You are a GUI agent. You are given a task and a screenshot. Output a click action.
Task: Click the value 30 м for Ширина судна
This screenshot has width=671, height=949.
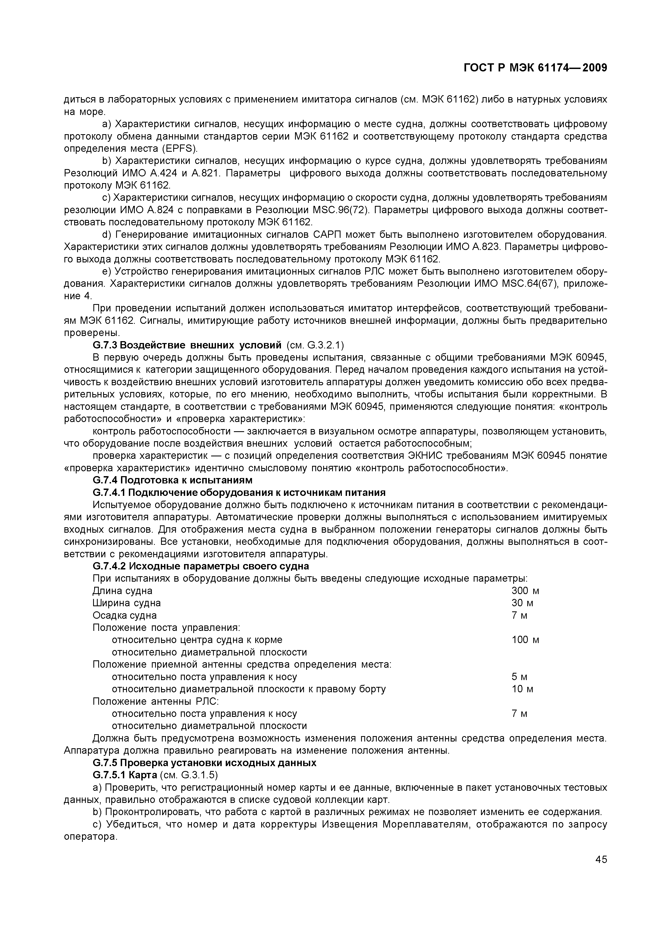[x=522, y=603]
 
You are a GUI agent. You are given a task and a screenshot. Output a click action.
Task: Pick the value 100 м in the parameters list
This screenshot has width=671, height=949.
[x=525, y=640]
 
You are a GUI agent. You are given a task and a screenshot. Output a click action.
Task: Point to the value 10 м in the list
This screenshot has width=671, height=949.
[x=522, y=689]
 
